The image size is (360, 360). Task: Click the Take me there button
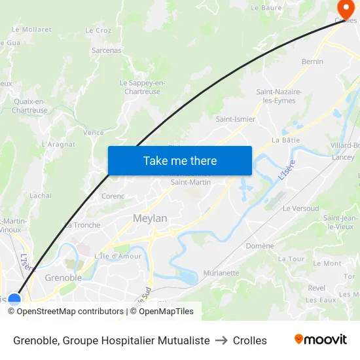179,161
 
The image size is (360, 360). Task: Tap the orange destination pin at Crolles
346,8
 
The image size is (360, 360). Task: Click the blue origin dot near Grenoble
14,300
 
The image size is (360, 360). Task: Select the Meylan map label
150,219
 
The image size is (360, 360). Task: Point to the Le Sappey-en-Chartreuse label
142,87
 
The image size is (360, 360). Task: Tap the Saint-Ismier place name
236,119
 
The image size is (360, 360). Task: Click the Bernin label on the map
312,62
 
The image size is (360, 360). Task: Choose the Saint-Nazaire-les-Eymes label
279,96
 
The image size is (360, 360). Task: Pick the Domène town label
260,246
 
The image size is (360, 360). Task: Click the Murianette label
221,273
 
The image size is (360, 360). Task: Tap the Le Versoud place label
300,208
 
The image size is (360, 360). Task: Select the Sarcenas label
107,50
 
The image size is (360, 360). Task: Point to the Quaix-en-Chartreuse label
29,105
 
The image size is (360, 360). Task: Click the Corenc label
113,196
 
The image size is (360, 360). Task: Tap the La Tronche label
82,225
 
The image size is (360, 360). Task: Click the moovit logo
320,340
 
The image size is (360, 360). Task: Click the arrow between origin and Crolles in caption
221,340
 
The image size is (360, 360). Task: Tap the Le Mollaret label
31,29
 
